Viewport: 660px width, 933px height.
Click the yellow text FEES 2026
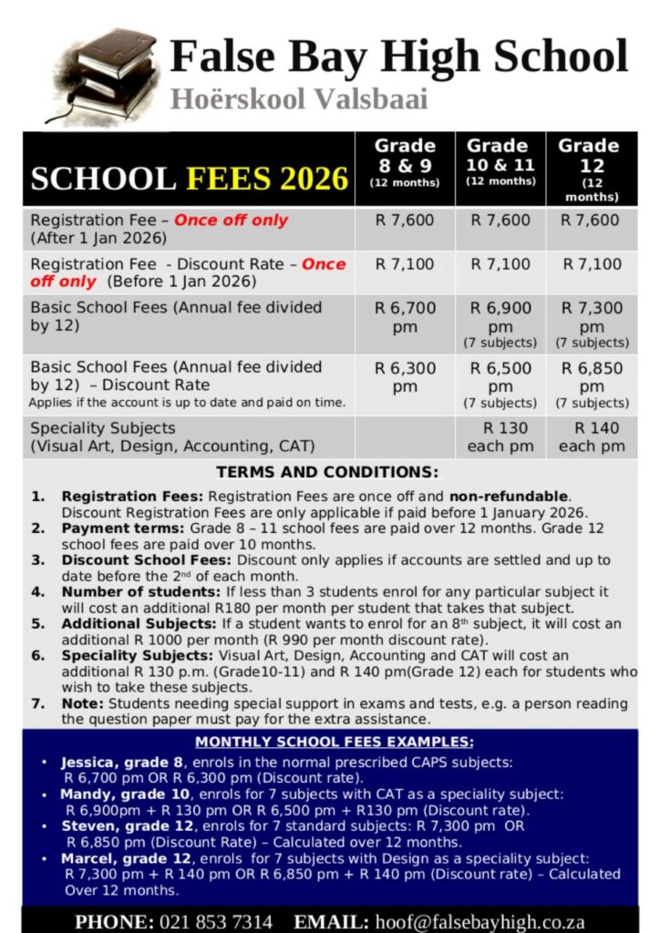click(268, 178)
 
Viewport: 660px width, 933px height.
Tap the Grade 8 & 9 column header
click(405, 162)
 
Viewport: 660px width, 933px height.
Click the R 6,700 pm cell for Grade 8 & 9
click(406, 317)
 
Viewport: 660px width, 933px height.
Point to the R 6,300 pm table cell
click(406, 377)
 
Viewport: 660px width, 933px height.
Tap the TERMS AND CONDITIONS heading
click(327, 473)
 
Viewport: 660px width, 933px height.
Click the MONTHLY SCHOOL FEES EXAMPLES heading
click(335, 742)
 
